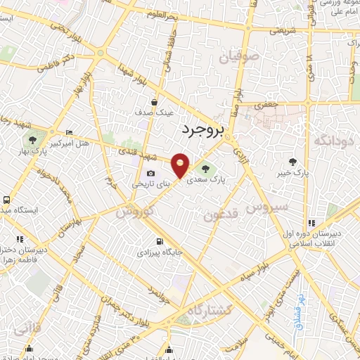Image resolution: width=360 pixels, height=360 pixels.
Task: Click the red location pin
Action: coord(181,165)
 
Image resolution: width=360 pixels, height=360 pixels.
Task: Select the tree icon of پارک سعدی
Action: coord(206,168)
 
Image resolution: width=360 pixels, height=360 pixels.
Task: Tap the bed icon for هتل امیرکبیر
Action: coord(68,131)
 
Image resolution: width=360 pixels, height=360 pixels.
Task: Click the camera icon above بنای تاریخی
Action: coord(150,174)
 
